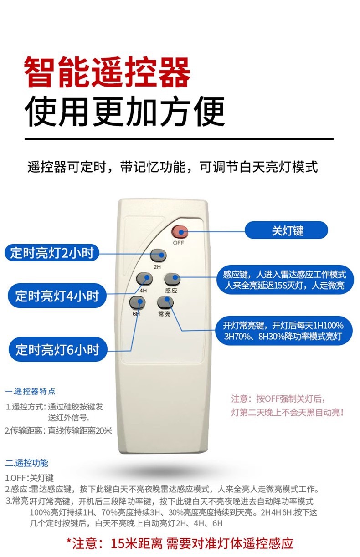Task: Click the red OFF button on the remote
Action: click(x=180, y=232)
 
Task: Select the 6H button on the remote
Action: click(x=137, y=301)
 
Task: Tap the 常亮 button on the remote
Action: click(x=165, y=302)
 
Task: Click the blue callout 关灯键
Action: click(x=287, y=230)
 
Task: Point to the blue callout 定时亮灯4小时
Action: click(x=57, y=296)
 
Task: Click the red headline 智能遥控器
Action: click(x=108, y=72)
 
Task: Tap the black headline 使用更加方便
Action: click(x=125, y=111)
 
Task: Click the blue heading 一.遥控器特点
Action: click(x=31, y=391)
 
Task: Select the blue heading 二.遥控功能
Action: click(x=26, y=463)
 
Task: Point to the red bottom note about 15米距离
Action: click(x=180, y=543)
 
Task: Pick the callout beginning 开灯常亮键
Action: click(x=283, y=331)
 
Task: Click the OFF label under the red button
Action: click(x=178, y=243)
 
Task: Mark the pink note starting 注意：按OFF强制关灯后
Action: click(x=287, y=405)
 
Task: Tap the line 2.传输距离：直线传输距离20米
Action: click(x=58, y=430)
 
